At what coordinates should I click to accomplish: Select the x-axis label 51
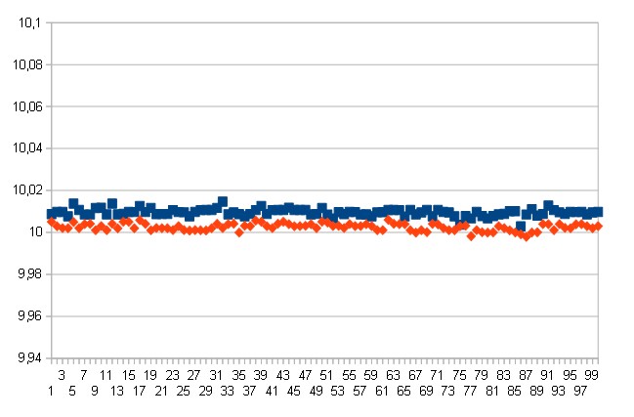[x=327, y=374]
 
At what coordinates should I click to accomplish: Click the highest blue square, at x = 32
[x=223, y=201]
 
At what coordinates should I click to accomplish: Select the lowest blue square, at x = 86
[x=521, y=226]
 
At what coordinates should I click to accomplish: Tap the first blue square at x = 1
[x=51, y=214]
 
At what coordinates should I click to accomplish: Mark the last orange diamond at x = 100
[x=598, y=226]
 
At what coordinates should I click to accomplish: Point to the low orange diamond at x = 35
[x=239, y=232]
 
